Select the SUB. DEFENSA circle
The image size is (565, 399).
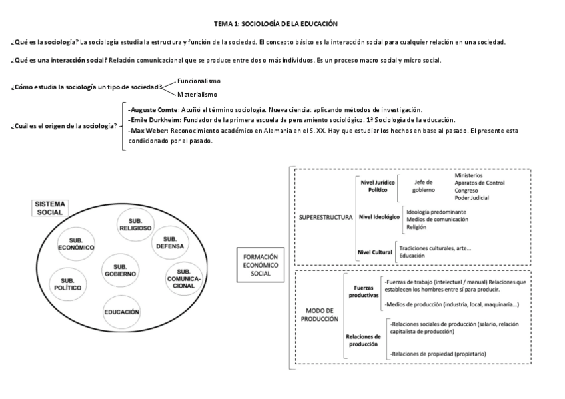point(170,243)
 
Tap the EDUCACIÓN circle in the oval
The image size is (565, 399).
point(121,312)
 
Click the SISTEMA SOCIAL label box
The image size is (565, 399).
point(50,208)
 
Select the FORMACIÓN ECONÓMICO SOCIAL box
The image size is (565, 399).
point(261,264)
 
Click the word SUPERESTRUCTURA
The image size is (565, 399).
point(325,216)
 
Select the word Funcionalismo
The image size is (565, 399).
point(199,81)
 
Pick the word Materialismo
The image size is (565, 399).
point(198,94)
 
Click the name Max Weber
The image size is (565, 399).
point(147,131)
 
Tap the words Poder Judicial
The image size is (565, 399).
point(472,197)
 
